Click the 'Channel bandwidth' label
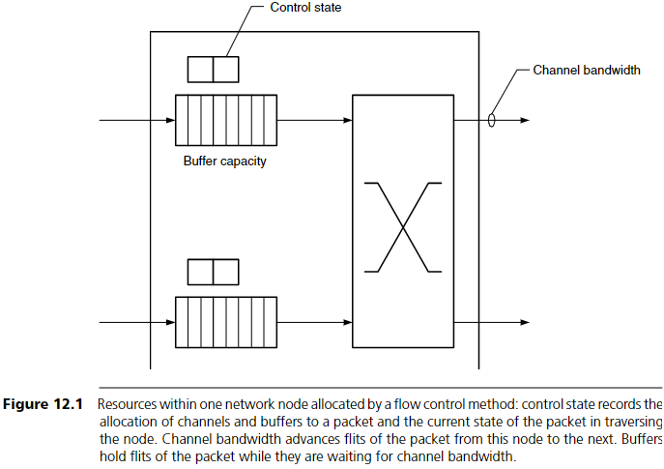pyautogui.click(x=586, y=71)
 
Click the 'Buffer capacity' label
pyautogui.click(x=224, y=161)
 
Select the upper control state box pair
pyautogui.click(x=213, y=70)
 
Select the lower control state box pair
pyautogui.click(x=213, y=272)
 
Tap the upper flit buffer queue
pyautogui.click(x=225, y=121)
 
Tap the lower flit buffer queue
pyautogui.click(x=225, y=322)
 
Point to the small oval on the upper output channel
pyautogui.click(x=492, y=121)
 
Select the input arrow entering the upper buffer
pyautogui.click(x=136, y=121)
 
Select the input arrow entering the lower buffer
pyautogui.click(x=136, y=322)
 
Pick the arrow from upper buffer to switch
pyautogui.click(x=314, y=121)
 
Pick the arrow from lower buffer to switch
pyautogui.click(x=314, y=322)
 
